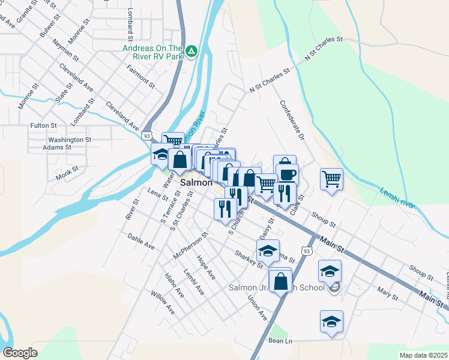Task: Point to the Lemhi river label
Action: click(397, 199)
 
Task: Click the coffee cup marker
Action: click(286, 174)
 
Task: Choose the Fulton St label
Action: click(43, 126)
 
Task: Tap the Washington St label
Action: click(70, 140)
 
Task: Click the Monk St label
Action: click(67, 173)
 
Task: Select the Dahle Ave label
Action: click(141, 242)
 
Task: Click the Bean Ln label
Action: click(280, 341)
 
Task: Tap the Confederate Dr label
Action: click(292, 121)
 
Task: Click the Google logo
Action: click(20, 353)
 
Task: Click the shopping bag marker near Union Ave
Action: click(280, 280)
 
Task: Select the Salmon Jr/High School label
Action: click(277, 287)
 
